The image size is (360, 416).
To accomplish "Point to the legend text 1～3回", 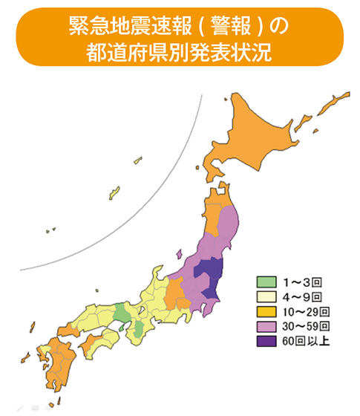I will pos(301,282).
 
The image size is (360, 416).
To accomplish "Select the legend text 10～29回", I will pos(305,311).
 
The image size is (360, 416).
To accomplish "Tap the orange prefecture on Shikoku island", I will pos(94,343).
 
